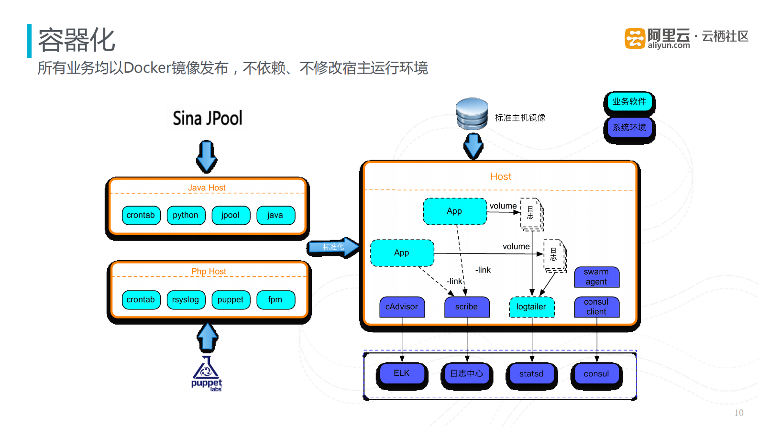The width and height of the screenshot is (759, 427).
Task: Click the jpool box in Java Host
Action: tap(231, 215)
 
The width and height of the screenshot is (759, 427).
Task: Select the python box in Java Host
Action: tap(186, 215)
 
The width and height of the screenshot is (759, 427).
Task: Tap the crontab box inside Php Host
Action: tap(141, 300)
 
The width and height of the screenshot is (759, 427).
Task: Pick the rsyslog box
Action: tap(186, 300)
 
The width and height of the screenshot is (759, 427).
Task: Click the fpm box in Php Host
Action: tap(275, 300)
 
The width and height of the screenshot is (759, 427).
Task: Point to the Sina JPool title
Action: tap(207, 118)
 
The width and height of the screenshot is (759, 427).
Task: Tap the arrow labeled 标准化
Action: tap(333, 247)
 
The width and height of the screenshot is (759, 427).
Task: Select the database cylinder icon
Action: tap(472, 114)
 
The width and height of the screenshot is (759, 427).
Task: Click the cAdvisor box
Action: tap(402, 307)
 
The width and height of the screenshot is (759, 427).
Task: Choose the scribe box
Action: tap(466, 307)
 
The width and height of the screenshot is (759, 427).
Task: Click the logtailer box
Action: tap(531, 307)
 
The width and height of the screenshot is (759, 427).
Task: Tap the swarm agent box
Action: tap(596, 277)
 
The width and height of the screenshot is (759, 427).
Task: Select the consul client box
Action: tap(596, 307)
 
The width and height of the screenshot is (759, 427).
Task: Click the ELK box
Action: tap(402, 373)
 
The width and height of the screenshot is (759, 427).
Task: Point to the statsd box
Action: tap(531, 374)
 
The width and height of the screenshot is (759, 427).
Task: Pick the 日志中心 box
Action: tap(466, 374)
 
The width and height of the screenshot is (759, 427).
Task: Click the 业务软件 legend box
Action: tap(629, 102)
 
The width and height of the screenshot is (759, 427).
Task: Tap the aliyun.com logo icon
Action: tap(635, 39)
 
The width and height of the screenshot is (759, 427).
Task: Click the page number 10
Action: tap(738, 413)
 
